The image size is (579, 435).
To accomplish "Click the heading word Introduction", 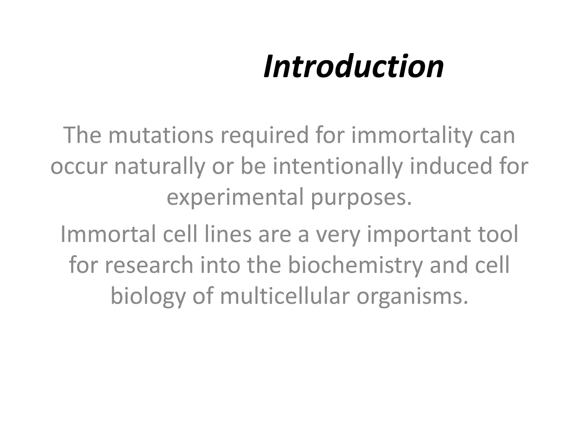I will pyautogui.click(x=353, y=67).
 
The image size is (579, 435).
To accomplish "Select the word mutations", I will pyautogui.click(x=161, y=135).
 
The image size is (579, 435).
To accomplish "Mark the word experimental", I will pyautogui.click(x=235, y=198).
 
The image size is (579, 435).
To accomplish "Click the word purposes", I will pyautogui.click(x=361, y=198).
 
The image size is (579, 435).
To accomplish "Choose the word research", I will pyautogui.click(x=149, y=265).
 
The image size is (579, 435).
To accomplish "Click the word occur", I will pyautogui.click(x=79, y=167).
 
